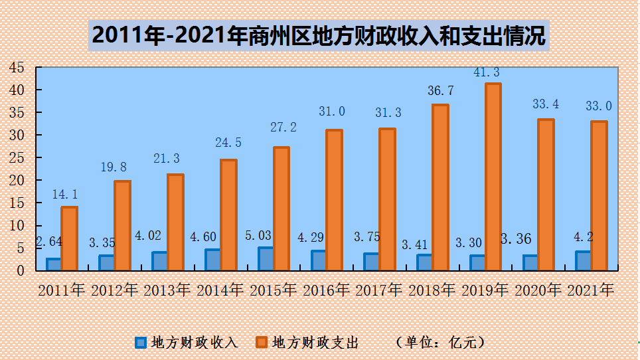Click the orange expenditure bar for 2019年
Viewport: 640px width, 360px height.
pos(493,177)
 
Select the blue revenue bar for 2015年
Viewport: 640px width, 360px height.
pos(265,259)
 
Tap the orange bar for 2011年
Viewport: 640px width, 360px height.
pos(70,238)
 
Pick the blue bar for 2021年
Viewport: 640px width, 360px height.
pos(583,260)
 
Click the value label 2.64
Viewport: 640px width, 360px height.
pos(49,241)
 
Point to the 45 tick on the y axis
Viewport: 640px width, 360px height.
pos(17,67)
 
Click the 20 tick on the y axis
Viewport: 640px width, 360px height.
pos(17,180)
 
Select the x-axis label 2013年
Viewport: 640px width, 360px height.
pos(167,290)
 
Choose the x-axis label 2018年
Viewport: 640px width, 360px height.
pos(432,290)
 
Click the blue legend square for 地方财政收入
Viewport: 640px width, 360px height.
pos(140,343)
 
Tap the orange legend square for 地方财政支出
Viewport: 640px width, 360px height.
pos(262,343)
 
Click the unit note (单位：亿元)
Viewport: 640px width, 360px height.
pos(441,343)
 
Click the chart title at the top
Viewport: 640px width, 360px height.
pos(319,35)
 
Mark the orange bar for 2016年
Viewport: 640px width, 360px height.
pos(334,200)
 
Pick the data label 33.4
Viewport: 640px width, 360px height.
pos(545,104)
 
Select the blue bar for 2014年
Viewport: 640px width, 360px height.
pos(212,260)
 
